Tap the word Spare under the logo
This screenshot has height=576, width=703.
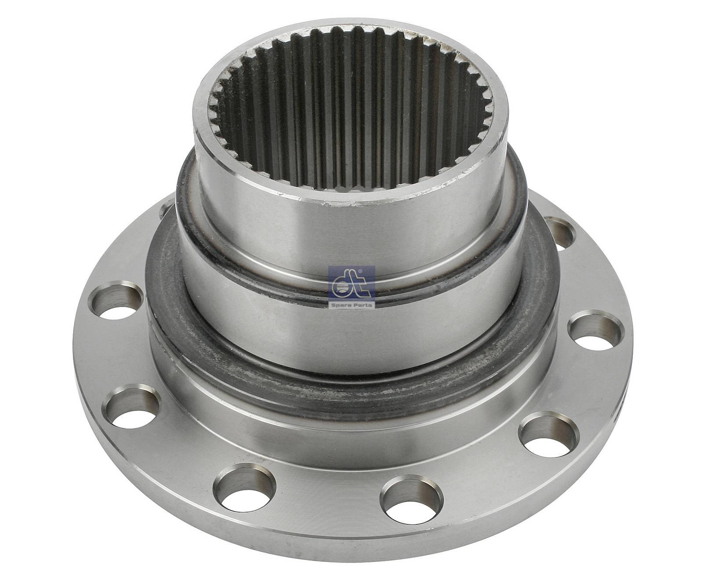click(x=343, y=304)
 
